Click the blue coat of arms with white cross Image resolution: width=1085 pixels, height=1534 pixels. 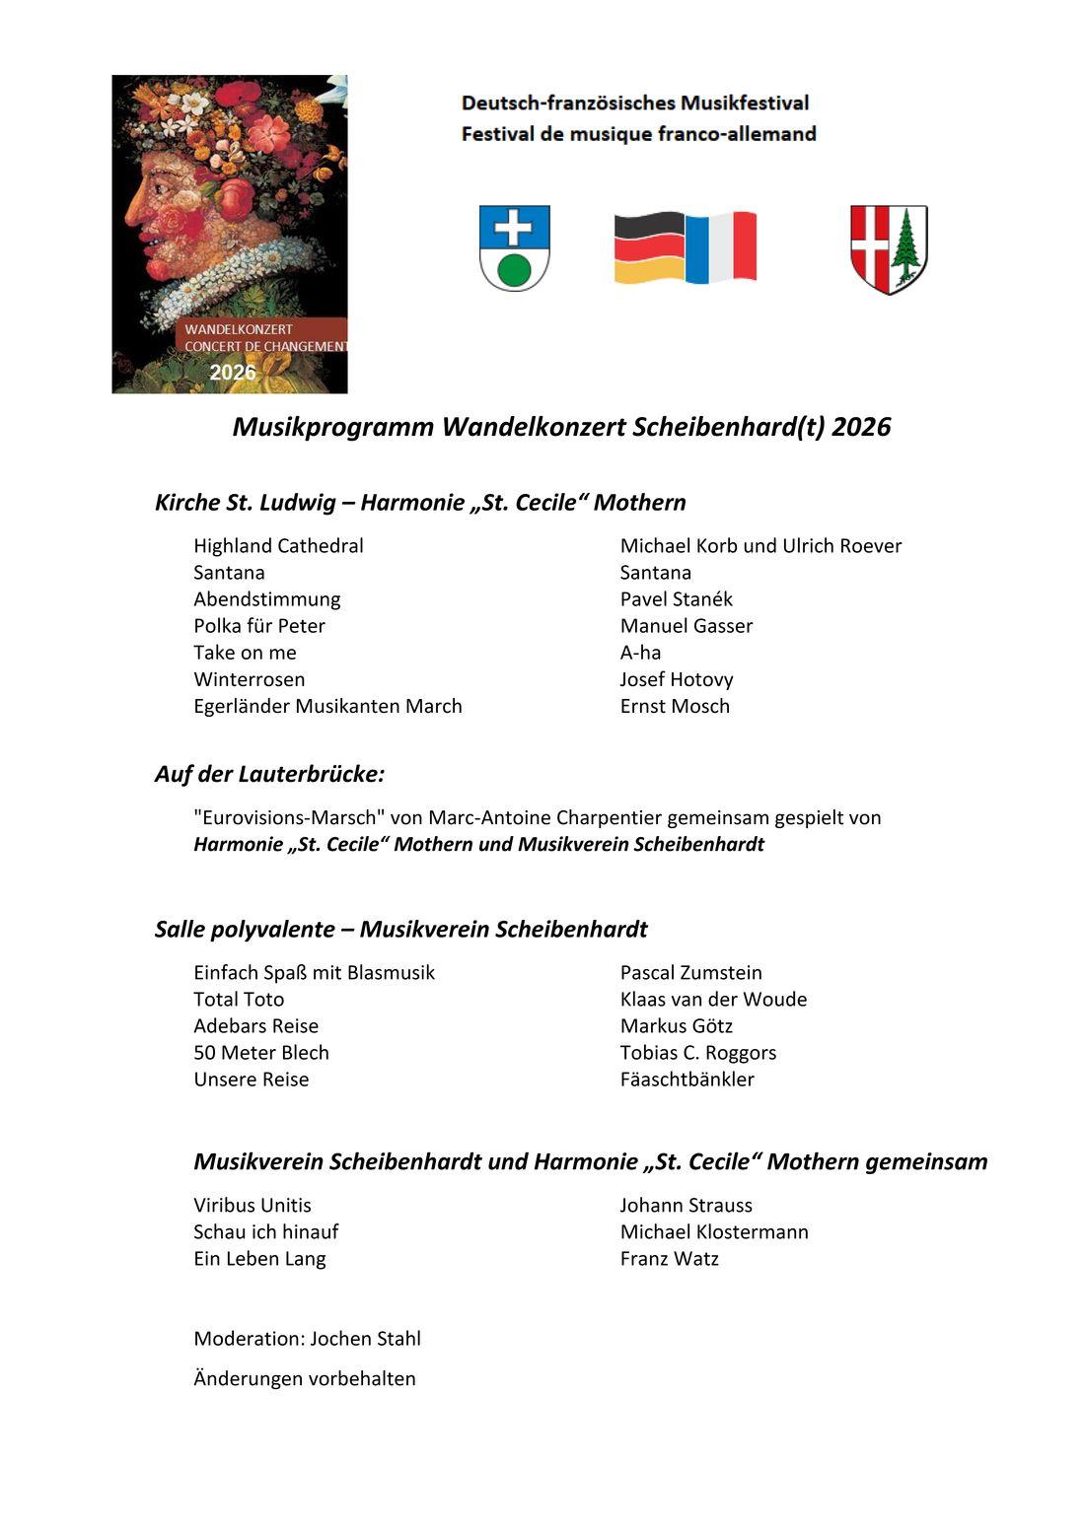point(514,247)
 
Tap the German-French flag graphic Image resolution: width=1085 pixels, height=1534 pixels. point(686,247)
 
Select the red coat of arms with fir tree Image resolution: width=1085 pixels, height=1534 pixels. point(889,248)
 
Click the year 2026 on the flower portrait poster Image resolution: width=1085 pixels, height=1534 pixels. point(233,373)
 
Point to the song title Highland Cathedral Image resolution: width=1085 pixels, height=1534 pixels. point(278,546)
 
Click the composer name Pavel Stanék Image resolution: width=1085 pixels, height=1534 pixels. point(676,599)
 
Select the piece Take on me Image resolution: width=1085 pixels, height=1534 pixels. point(245,653)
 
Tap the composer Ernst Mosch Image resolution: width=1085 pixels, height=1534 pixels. point(675,706)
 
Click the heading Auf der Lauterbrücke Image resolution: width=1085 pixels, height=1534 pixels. point(269,774)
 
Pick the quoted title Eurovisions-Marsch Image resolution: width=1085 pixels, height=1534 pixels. point(288,817)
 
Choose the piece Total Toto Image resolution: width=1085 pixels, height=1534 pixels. point(239,999)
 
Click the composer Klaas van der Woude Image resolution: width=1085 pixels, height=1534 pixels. point(713,999)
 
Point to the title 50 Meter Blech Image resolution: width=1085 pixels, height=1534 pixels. point(261,1052)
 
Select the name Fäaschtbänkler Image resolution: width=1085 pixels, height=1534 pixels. point(687,1079)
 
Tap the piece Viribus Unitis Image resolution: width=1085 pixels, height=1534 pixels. point(253,1205)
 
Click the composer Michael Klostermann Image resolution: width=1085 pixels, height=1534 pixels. point(714,1231)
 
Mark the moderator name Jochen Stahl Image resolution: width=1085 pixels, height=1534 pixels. point(365,1338)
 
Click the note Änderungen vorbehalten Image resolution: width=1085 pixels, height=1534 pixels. point(305,1378)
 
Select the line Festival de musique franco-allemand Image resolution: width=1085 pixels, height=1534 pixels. point(638,134)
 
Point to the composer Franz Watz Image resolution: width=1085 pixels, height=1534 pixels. point(669,1258)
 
